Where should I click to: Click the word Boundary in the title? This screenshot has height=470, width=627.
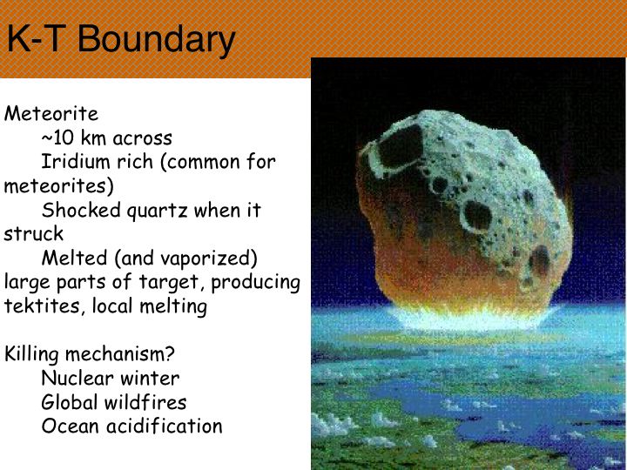point(156,40)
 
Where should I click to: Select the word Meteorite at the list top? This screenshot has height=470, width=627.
point(51,113)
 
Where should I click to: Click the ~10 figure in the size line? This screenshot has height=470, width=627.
point(57,138)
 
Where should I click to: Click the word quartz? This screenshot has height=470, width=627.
point(157,211)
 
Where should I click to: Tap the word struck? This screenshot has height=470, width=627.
point(34,234)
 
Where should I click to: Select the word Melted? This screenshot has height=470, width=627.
point(74,258)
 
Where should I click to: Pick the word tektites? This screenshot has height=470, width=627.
point(42,306)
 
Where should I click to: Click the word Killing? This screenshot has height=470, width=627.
point(31,354)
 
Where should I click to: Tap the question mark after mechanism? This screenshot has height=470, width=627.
point(170,353)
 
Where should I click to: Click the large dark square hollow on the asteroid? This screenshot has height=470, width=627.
point(400,146)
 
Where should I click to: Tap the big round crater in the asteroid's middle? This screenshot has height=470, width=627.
point(477,217)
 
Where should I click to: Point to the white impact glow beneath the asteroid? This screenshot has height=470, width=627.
point(472,318)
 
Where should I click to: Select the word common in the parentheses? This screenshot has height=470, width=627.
point(202,162)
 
